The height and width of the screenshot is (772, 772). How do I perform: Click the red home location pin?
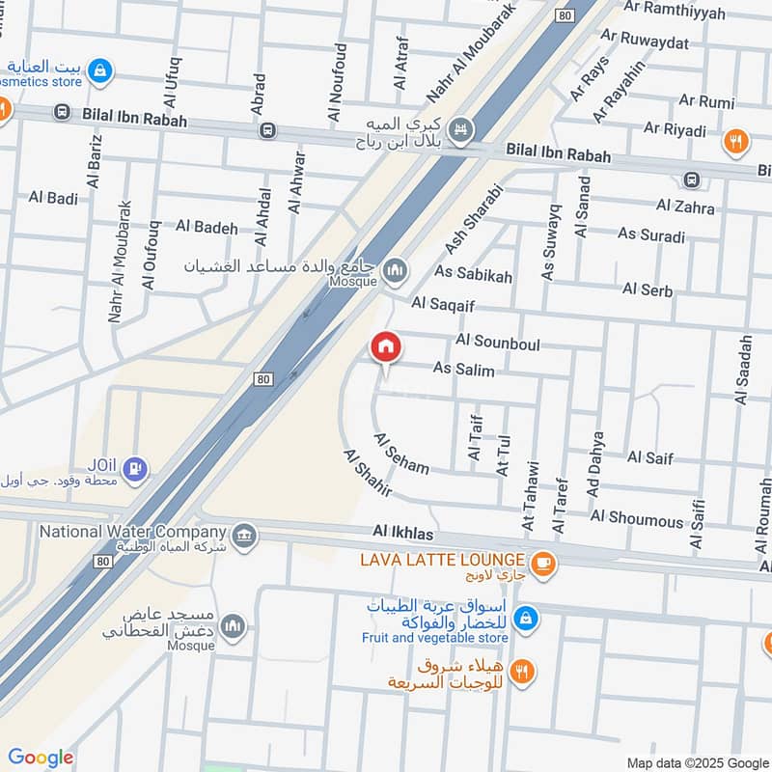pos(386,346)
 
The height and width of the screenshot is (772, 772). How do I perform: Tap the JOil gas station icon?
pos(137,468)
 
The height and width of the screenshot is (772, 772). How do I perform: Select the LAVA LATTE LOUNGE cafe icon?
pos(543,561)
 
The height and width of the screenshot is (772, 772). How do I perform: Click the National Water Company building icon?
pos(243,532)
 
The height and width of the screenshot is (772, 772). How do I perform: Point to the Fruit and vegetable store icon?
pos(525,617)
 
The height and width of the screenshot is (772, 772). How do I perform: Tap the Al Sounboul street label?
pos(498,343)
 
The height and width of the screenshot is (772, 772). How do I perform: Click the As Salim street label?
pos(463,370)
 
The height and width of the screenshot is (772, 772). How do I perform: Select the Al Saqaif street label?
pos(447,303)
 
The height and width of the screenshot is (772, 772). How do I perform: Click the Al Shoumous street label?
pos(636,519)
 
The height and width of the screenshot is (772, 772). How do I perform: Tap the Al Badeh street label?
pos(207,227)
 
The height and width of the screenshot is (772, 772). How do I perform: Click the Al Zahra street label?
pos(685,207)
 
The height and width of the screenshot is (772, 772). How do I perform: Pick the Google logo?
pos(40,757)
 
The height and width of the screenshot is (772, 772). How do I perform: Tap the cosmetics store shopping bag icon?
pos(99,69)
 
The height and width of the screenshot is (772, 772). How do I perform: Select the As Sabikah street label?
pos(474,275)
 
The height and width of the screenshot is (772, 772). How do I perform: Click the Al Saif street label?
pos(649,457)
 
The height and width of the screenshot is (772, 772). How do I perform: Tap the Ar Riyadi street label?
pos(675,129)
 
